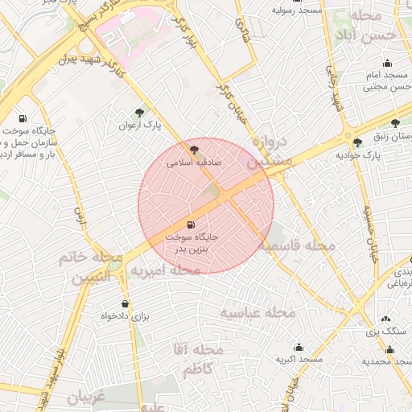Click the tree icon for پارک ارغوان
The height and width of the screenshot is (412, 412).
point(141,113)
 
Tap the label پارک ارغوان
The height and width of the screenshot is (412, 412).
point(141,126)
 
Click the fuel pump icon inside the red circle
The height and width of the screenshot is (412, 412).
point(191,225)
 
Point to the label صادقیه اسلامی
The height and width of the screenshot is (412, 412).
point(194,162)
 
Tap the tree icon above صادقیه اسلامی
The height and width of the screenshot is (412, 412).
point(193,149)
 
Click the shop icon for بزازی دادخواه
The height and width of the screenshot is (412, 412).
point(125,303)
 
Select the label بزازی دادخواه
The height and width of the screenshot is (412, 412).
point(125,317)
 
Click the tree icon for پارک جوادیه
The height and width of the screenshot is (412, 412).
point(357,142)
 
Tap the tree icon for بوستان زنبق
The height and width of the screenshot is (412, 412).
point(395,123)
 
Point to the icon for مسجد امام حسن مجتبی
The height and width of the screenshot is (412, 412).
point(389,64)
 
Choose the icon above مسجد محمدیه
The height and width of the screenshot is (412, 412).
point(390,349)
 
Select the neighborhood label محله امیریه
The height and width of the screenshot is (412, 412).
point(165,270)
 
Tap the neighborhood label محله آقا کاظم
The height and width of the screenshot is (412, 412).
point(197,359)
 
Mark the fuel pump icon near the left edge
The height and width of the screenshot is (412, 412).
point(21,117)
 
